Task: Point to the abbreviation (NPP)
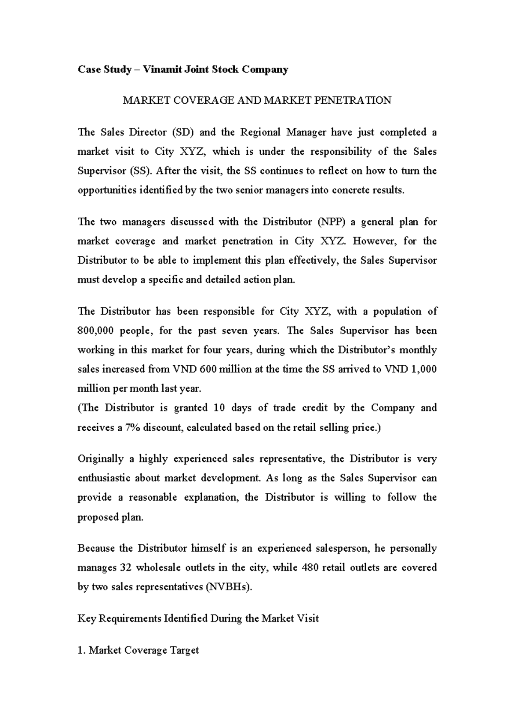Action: tap(331, 222)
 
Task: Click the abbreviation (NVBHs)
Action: tap(229, 587)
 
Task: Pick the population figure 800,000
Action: tap(94, 331)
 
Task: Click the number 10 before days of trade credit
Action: tap(219, 408)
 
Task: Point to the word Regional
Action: tap(260, 132)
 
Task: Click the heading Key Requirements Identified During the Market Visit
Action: tap(198, 619)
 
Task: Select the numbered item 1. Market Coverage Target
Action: tap(138, 650)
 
